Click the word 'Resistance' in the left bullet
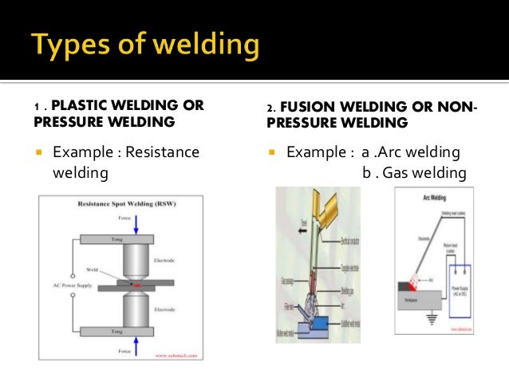coord(160,152)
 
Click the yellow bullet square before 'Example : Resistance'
coord(39,152)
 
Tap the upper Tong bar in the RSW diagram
coord(136,239)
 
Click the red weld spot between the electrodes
coord(137,283)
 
